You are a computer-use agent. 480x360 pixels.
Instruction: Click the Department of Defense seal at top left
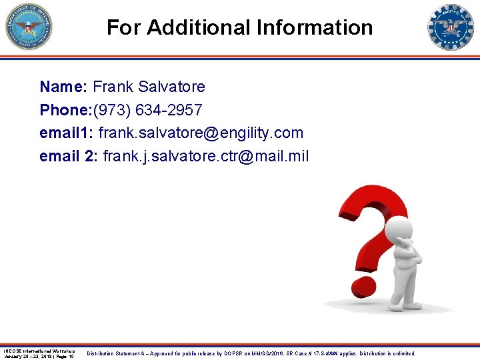pos(29,27)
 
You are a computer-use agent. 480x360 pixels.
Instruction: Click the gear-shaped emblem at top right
pos(451,27)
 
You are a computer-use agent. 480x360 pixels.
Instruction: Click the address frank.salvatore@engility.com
pos(201,133)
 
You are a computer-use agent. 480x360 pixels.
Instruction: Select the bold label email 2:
pos(69,156)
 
